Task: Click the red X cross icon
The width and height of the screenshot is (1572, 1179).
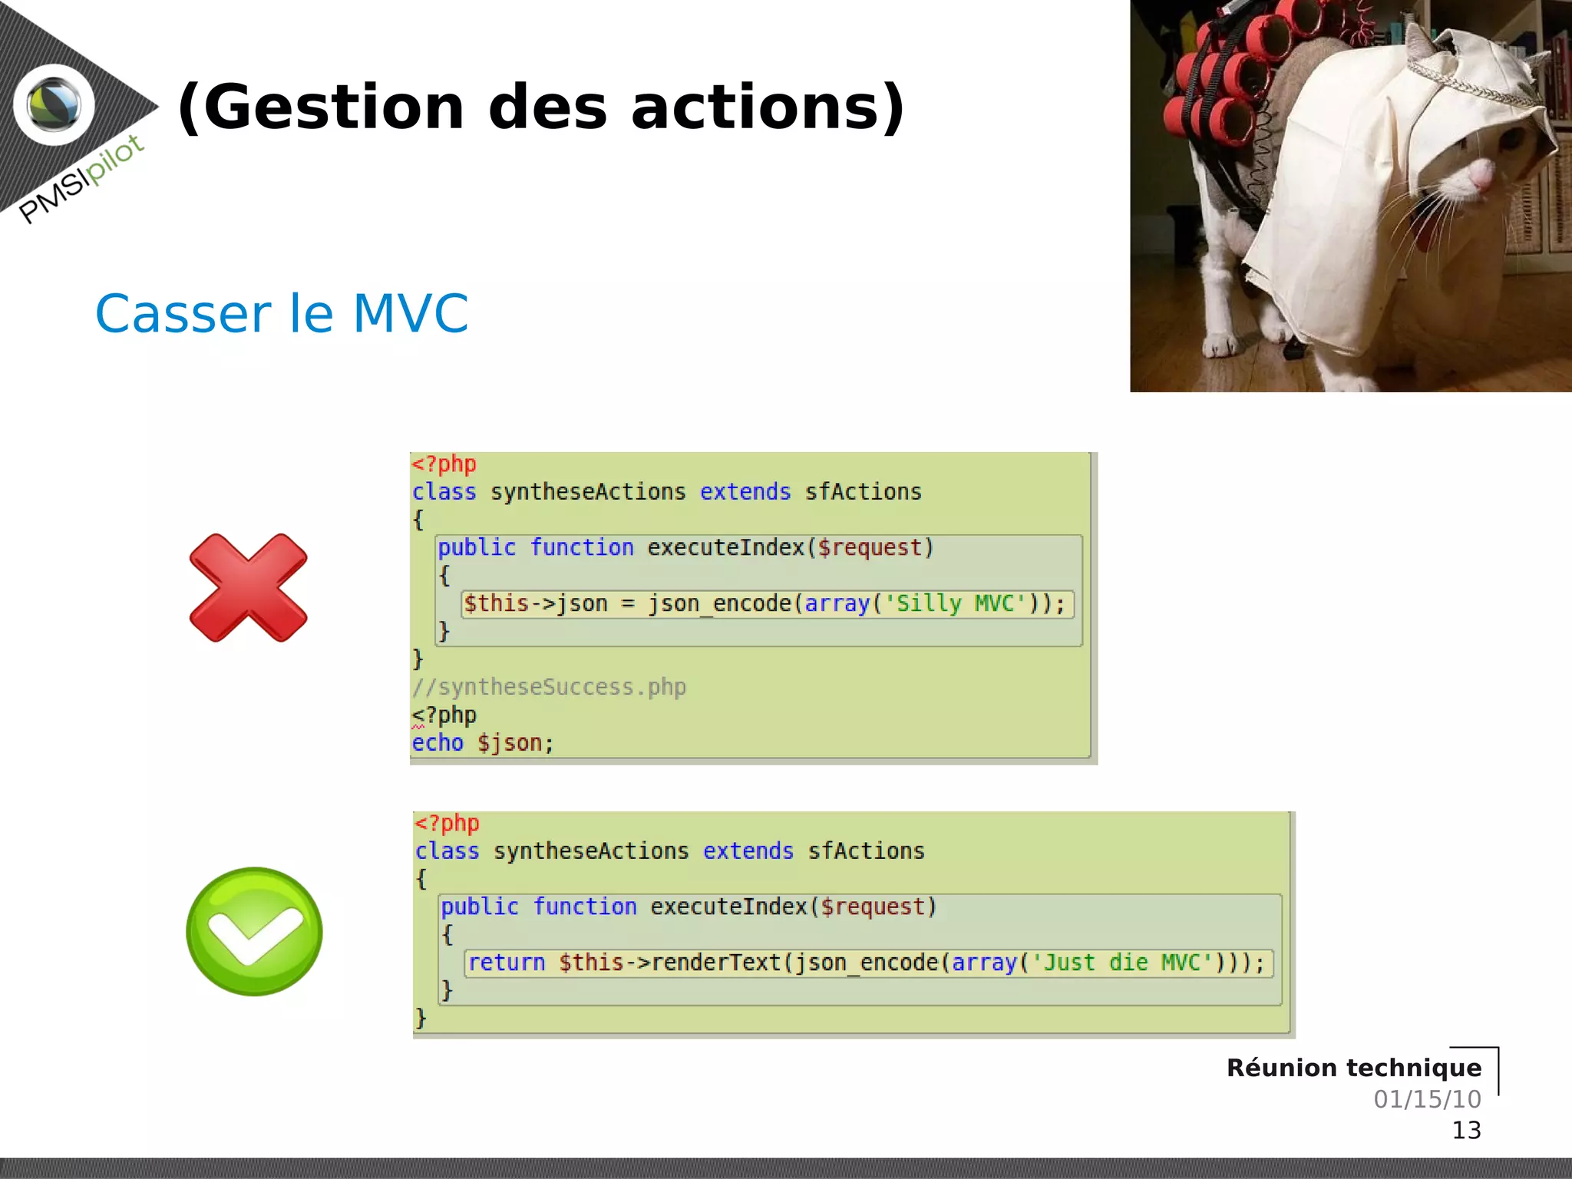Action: tap(248, 588)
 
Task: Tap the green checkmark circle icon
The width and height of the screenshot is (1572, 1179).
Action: tap(254, 931)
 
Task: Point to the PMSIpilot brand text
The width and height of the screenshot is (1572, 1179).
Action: tap(81, 179)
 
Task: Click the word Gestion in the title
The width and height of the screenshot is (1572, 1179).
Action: tap(322, 107)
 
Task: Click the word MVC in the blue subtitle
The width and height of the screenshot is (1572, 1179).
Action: tap(410, 314)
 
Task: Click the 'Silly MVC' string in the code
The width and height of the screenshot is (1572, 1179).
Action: tap(956, 604)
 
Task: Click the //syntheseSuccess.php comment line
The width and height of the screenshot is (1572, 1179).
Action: tap(549, 687)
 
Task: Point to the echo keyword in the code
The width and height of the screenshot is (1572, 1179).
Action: tap(438, 743)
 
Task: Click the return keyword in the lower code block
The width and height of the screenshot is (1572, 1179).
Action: tap(507, 963)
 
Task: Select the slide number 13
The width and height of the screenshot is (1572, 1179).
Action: tap(1466, 1130)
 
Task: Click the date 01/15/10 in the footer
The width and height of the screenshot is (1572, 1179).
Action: tap(1427, 1099)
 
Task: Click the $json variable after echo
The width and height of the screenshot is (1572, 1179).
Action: tap(510, 743)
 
